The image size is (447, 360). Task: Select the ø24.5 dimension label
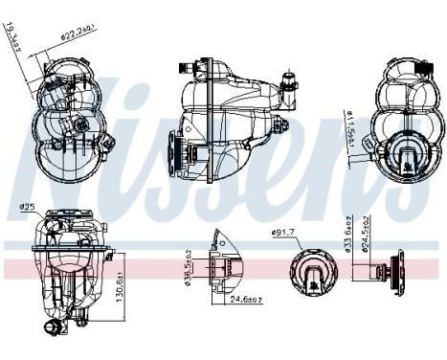(x=365, y=235)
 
